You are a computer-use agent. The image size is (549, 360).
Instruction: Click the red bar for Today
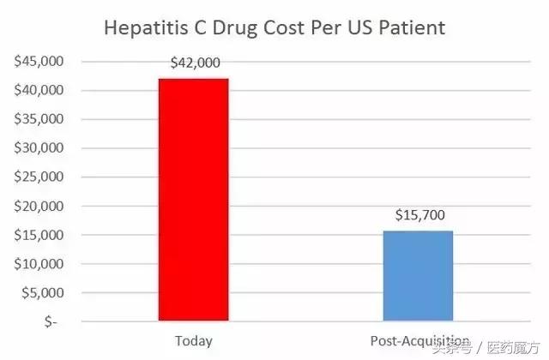coord(193,200)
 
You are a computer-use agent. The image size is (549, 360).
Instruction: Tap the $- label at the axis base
coord(51,322)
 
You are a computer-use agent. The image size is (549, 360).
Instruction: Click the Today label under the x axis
coord(193,340)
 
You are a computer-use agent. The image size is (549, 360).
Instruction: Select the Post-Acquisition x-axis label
coord(418,340)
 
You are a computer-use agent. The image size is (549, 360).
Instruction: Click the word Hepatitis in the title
coord(145,27)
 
